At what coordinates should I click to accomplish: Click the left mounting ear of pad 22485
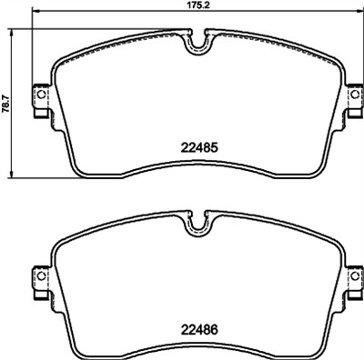(x=40, y=99)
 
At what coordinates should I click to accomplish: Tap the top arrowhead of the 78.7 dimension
(x=11, y=29)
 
